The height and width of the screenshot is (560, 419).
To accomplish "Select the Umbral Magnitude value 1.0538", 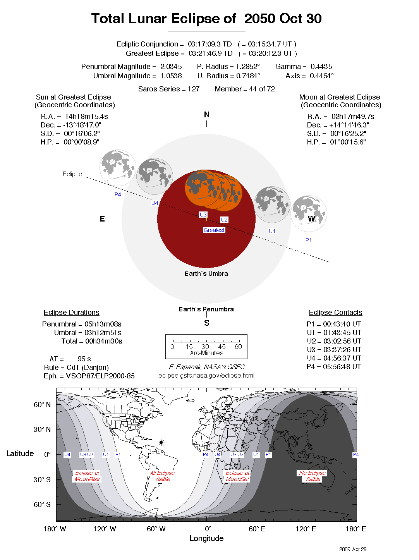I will pos(171,76).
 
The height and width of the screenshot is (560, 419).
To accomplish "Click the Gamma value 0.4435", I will pos(321,67).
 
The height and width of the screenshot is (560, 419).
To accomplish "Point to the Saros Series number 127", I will pos(194,89).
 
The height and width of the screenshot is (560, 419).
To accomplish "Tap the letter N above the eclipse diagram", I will pos(206,115).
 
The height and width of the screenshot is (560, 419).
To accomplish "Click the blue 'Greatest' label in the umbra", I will pos(214,230).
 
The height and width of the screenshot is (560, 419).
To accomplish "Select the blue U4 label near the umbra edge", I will pos(155,203).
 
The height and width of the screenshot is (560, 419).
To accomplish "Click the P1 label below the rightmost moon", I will pos(308,240).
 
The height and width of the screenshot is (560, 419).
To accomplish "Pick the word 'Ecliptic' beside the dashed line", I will pos(72,174).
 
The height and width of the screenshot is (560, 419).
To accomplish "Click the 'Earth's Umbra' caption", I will pos(206,273).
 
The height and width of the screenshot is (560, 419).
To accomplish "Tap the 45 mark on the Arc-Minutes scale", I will pos(222,347).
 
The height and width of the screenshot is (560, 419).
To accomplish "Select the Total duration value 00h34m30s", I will pos(103,341).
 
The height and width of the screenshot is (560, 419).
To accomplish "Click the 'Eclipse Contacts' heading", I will pos(335,313).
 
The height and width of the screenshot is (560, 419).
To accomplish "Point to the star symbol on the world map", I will pos(161,443).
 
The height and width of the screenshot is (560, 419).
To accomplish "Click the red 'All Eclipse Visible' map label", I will pos(162,476).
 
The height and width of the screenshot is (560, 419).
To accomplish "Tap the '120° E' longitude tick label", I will pos(306,529).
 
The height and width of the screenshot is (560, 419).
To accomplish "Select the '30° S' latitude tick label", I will pos(42,479).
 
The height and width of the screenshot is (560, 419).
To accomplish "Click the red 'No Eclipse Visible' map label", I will pos(313,476).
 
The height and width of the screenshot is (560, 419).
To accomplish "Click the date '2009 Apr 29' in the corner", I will pos(352,549).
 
